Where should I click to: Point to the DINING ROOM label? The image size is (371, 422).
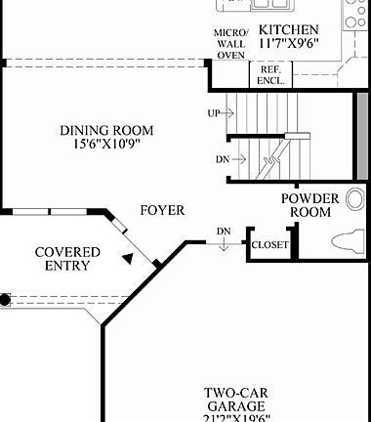[x=105, y=130]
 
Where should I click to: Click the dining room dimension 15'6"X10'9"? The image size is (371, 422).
[x=105, y=145]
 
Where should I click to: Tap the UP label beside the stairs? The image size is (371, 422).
[x=213, y=113]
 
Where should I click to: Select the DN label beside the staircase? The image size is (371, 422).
[x=223, y=159]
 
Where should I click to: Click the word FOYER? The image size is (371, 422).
[x=162, y=210]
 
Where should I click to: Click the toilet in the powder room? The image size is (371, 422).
[x=348, y=240]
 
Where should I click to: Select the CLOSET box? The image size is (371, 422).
[x=269, y=244]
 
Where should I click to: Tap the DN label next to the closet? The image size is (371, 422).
[x=224, y=232]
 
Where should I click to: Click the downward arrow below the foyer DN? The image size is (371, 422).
[x=224, y=245]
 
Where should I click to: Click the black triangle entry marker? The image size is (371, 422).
[x=127, y=258]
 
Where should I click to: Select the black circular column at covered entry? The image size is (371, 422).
[x=5, y=300]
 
